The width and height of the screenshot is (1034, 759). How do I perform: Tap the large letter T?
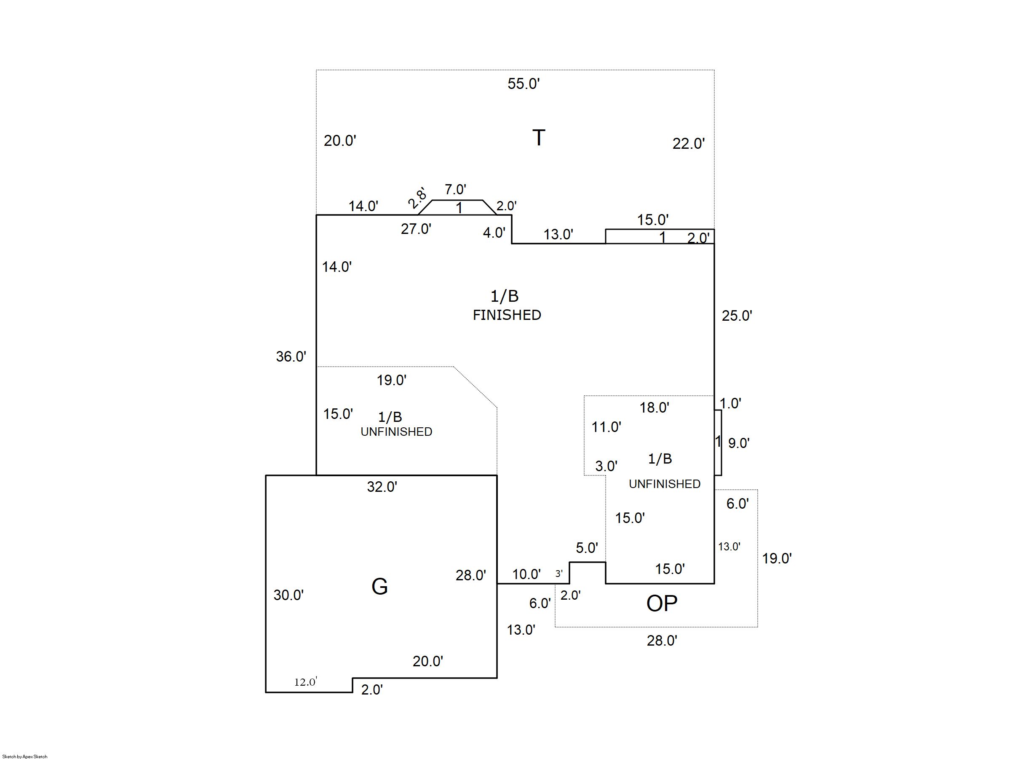click(539, 137)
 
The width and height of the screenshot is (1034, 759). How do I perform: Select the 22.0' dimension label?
click(688, 144)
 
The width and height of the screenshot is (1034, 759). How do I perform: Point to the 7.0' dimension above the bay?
click(455, 189)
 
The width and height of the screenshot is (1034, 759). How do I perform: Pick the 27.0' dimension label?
click(416, 229)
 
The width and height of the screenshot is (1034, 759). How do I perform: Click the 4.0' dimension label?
click(494, 233)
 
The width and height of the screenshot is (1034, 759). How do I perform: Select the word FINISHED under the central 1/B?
click(507, 315)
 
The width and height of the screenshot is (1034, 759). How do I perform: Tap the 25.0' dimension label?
click(737, 316)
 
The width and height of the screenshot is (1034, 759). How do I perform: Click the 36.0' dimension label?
click(291, 357)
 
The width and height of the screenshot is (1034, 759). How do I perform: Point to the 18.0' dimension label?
click(654, 408)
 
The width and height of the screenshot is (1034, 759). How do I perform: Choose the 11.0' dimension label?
click(606, 427)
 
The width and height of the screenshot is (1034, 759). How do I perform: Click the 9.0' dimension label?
click(739, 443)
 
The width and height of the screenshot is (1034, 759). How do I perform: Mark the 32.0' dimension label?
click(382, 487)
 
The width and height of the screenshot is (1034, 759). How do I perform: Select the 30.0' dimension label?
click(289, 595)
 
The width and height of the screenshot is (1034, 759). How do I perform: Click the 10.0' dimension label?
click(526, 574)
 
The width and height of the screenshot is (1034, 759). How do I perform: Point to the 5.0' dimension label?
click(587, 548)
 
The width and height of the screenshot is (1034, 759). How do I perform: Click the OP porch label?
click(662, 604)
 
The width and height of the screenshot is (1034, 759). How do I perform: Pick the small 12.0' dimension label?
click(305, 682)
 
